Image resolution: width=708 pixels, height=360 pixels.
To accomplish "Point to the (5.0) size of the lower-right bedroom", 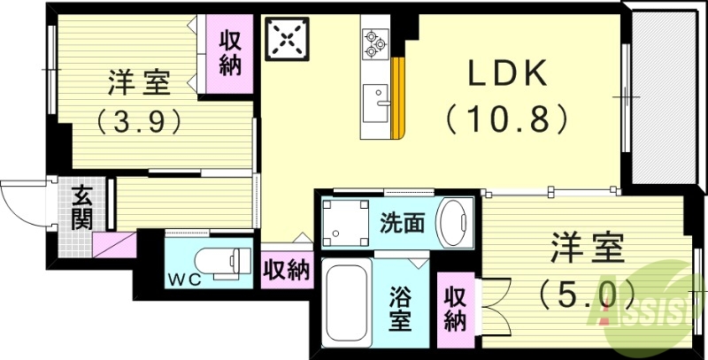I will (586, 289).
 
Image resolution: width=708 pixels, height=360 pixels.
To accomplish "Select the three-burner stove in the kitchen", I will (374, 42).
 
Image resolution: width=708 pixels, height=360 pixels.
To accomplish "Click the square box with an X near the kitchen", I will (288, 39).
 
